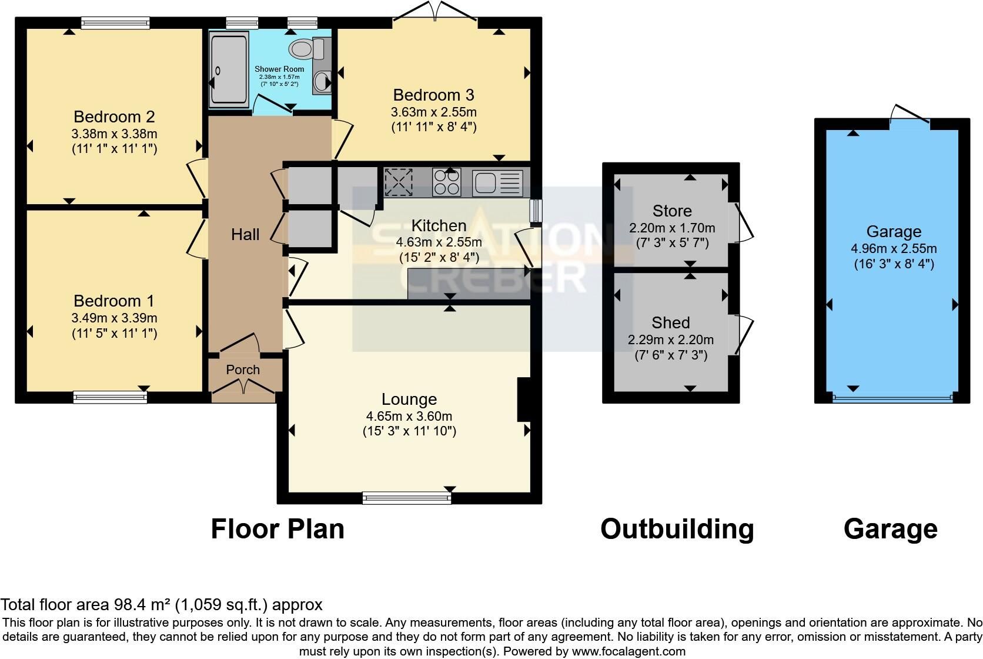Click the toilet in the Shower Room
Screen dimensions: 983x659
[306, 49]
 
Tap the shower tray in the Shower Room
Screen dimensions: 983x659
[229, 69]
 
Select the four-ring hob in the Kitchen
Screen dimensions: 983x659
[446, 182]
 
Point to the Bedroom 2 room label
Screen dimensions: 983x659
[114, 117]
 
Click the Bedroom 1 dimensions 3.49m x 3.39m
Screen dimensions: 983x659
[114, 318]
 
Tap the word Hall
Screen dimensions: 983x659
[245, 235]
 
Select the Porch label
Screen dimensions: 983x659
[243, 370]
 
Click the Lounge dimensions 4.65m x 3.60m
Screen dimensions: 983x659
[409, 415]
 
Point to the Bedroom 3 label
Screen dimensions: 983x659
[433, 95]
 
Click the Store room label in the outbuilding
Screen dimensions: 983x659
[672, 211]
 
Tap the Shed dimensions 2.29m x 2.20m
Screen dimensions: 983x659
[671, 340]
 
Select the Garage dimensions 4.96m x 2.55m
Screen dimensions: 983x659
[894, 248]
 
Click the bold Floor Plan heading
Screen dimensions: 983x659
[277, 528]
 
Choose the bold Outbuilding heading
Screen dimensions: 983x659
[677, 529]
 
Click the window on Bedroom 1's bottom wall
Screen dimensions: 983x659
[110, 397]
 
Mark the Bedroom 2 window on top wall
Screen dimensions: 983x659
[115, 23]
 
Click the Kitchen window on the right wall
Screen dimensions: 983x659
[536, 211]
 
